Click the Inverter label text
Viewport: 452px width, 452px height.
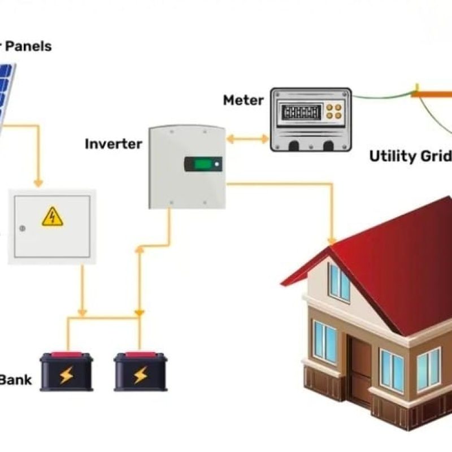[x=114, y=144]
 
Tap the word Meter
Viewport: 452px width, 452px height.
[x=243, y=101]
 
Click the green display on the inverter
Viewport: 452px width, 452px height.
[x=203, y=165]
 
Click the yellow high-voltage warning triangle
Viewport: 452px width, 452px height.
[x=53, y=216]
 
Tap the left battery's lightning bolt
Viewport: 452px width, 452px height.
[x=66, y=375]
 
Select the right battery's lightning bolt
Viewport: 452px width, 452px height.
[x=140, y=375]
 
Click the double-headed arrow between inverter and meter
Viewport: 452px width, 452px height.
[x=247, y=138]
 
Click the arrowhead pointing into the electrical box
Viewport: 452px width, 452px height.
[x=38, y=183]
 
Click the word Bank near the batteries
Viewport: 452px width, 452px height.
[x=15, y=380]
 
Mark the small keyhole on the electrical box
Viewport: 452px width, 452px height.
[x=22, y=229]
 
